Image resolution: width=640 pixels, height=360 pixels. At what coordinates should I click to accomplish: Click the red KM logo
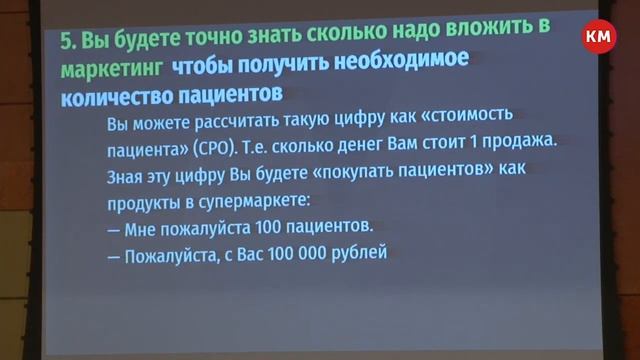[x=600, y=37]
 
